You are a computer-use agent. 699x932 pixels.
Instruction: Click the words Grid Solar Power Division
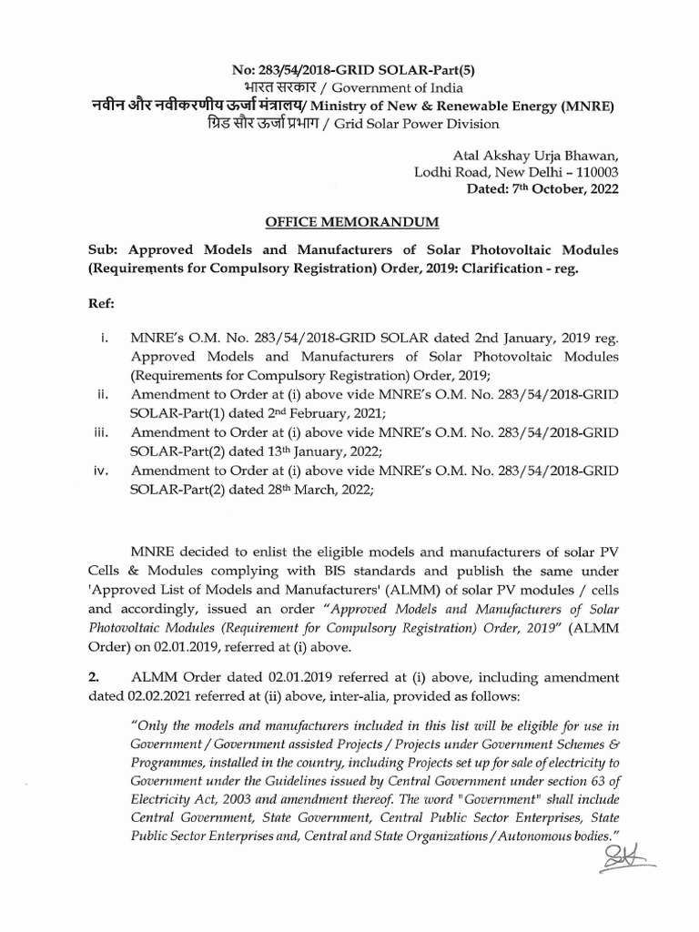(417, 124)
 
